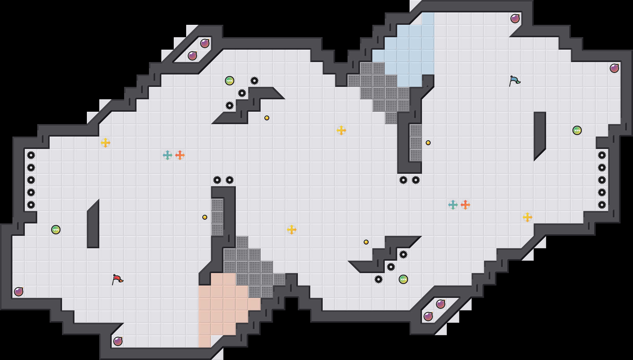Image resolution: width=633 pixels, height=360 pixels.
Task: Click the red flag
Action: point(117,279)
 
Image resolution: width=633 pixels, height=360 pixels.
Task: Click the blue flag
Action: point(514,81)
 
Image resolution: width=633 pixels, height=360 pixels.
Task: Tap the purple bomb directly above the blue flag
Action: point(515,19)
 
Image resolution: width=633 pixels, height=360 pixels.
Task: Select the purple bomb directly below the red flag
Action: point(118,341)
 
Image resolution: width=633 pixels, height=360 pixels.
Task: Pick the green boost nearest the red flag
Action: point(56,230)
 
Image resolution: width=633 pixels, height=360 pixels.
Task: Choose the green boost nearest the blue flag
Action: point(577,130)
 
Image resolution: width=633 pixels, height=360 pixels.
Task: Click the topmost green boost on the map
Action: point(230,81)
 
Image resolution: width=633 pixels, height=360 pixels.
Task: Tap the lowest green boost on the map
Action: point(403,279)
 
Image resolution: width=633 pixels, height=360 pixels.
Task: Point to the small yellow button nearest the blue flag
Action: point(428,143)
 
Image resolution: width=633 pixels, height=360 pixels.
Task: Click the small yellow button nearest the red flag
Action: point(205,217)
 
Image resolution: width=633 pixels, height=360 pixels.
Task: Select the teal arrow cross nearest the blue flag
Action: point(453,205)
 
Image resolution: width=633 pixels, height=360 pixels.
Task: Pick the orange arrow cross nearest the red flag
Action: point(180,155)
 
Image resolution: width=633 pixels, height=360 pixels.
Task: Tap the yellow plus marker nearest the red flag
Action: point(105,143)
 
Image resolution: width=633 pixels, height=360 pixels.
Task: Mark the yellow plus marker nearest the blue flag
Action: point(527,217)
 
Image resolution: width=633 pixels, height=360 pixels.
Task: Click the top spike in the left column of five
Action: point(31,155)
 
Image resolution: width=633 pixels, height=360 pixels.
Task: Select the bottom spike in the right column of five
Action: point(602,205)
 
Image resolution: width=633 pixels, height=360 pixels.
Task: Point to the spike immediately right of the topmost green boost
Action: point(254,81)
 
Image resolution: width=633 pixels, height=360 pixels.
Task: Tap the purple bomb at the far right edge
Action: point(614,68)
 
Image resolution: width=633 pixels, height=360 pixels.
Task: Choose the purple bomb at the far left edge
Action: point(19,292)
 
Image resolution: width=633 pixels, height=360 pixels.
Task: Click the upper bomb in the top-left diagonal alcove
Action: point(205,43)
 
